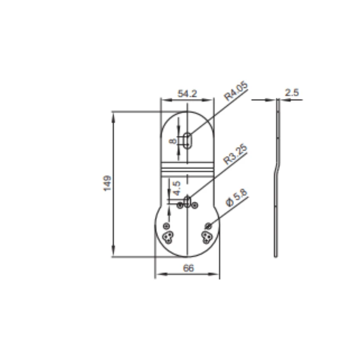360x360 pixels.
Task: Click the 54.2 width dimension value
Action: tap(187, 94)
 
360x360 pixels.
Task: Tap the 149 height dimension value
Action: tap(108, 183)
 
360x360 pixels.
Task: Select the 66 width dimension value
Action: tap(188, 268)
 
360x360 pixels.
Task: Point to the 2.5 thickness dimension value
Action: tap(292, 93)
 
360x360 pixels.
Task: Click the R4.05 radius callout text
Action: tap(236, 91)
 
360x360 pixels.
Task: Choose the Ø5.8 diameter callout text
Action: tap(237, 198)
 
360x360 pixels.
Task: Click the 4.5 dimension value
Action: tap(177, 188)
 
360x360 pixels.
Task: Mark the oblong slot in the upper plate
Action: tap(188, 140)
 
